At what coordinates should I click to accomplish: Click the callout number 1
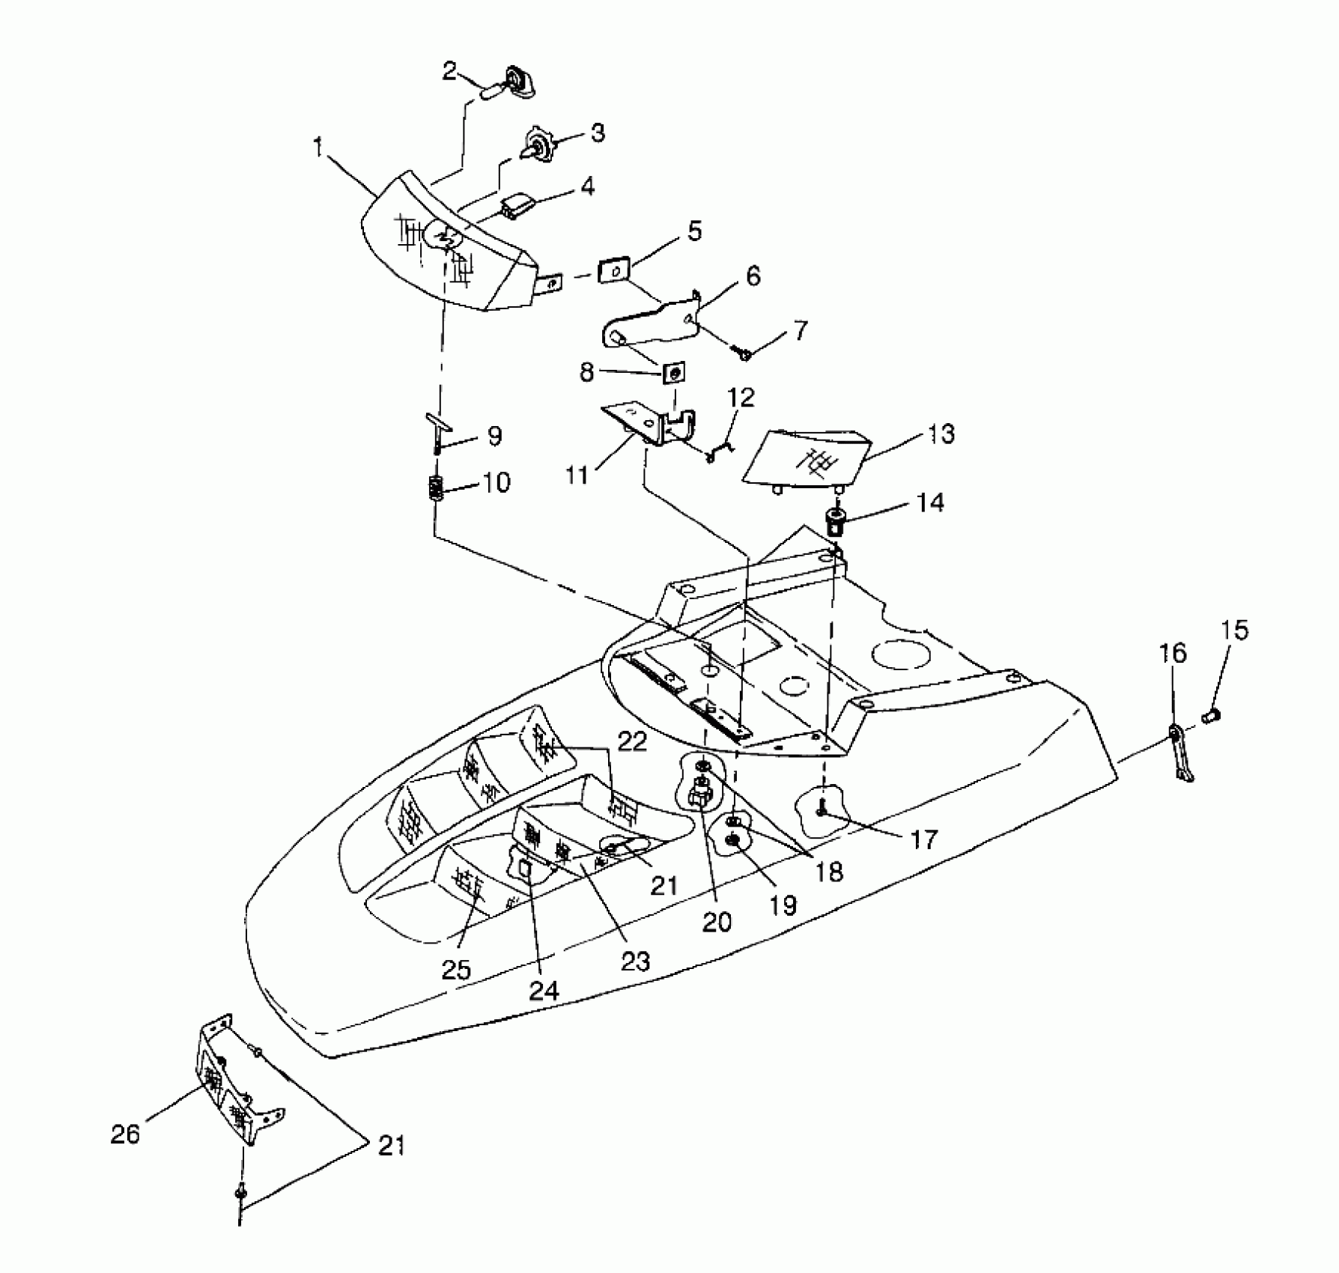click(318, 148)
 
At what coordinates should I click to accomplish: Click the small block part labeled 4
click(517, 207)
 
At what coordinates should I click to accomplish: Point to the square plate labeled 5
click(613, 271)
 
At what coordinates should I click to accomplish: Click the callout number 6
click(753, 276)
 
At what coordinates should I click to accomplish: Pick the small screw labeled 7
click(744, 353)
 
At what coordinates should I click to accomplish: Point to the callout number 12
click(741, 398)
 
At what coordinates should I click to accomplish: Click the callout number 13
click(941, 434)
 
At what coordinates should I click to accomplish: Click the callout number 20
click(716, 922)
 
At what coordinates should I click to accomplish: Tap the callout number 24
click(544, 990)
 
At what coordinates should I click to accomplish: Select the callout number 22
click(631, 742)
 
